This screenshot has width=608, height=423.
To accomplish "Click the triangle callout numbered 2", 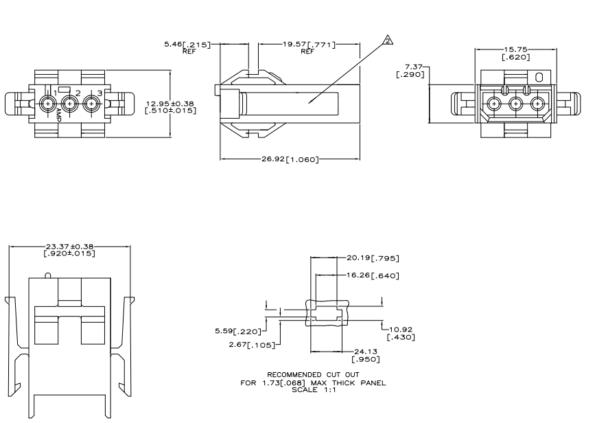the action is pyautogui.click(x=388, y=41).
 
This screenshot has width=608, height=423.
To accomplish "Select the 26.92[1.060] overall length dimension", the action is pyautogui.click(x=290, y=159).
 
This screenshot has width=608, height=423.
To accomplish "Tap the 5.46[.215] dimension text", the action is pyautogui.click(x=187, y=44).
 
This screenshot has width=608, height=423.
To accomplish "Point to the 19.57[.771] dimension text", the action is pyautogui.click(x=309, y=44).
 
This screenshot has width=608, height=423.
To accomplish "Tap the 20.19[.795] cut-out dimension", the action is pyautogui.click(x=373, y=258).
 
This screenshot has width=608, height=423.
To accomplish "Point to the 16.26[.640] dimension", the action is pyautogui.click(x=373, y=275).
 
